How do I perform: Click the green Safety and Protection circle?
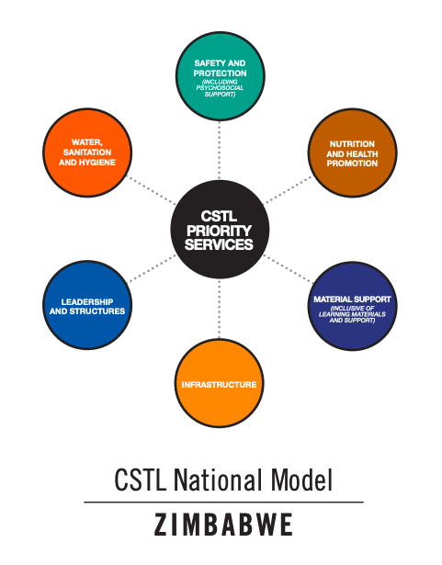click(x=221, y=76)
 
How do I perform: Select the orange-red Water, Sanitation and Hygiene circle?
click(x=87, y=153)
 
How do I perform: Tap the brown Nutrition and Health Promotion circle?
click(x=353, y=153)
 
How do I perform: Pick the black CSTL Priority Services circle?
click(x=220, y=230)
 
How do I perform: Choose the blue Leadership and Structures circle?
click(x=87, y=305)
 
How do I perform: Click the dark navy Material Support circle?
click(x=353, y=306)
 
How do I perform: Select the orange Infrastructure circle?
click(x=220, y=383)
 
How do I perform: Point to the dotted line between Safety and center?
click(x=220, y=151)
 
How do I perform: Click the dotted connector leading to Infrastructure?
click(x=220, y=309)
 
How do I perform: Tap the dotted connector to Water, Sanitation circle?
click(x=152, y=190)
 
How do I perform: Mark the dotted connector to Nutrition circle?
click(x=288, y=190)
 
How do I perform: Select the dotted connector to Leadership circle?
click(x=153, y=268)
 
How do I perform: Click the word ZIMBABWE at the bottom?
click(x=223, y=525)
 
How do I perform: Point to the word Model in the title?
click(x=301, y=480)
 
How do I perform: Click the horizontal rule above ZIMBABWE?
click(x=223, y=502)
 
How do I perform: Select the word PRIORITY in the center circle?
click(x=220, y=231)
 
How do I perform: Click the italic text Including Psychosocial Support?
click(x=220, y=88)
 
